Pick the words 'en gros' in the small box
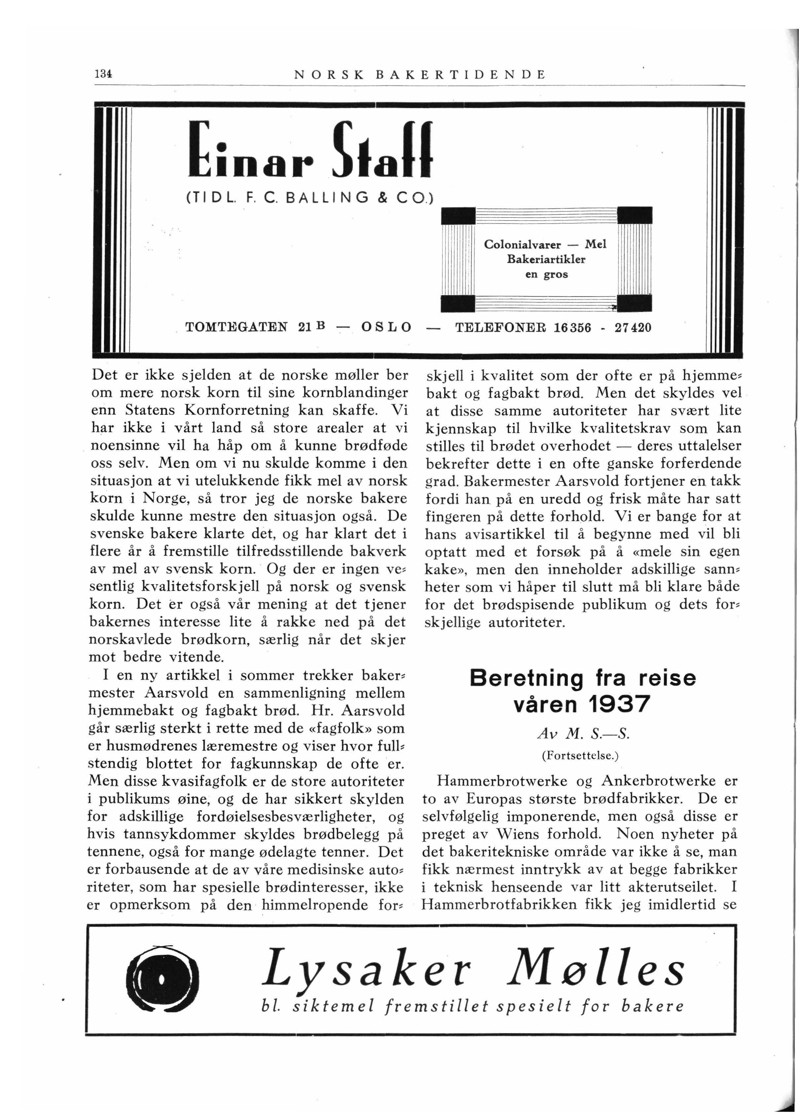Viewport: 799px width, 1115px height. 546,274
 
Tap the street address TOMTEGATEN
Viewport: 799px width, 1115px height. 238,327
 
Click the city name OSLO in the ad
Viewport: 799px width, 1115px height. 386,327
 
